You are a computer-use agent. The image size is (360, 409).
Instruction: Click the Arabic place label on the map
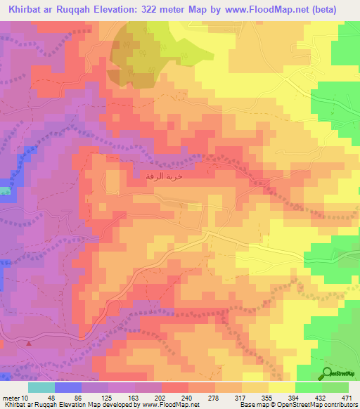(x=163, y=176)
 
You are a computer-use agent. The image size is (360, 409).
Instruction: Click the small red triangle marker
(x=29, y=344)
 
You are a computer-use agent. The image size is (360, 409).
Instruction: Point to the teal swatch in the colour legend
(x=41, y=387)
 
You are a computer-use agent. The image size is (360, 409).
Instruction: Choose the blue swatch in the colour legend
(x=68, y=387)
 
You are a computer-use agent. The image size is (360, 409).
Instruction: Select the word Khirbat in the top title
(x=28, y=9)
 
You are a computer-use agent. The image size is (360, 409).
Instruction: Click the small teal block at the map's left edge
(x=5, y=190)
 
